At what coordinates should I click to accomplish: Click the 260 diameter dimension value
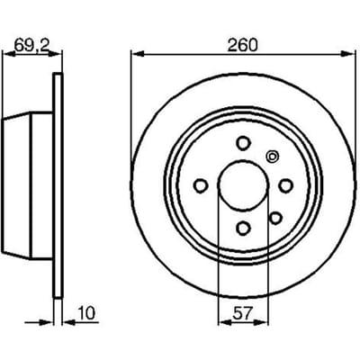tap(242, 46)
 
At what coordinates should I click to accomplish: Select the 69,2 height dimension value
tap(31, 45)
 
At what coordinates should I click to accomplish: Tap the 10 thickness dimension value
tap(86, 313)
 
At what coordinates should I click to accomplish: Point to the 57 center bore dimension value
tap(242, 313)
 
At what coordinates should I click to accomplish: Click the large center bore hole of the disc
tap(243, 185)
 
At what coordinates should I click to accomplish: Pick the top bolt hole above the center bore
tap(243, 143)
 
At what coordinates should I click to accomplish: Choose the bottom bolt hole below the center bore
tap(243, 228)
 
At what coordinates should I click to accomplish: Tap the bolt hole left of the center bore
tap(201, 185)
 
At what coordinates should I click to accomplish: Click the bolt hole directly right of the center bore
tap(285, 185)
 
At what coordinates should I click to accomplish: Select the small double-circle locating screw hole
tap(273, 157)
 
